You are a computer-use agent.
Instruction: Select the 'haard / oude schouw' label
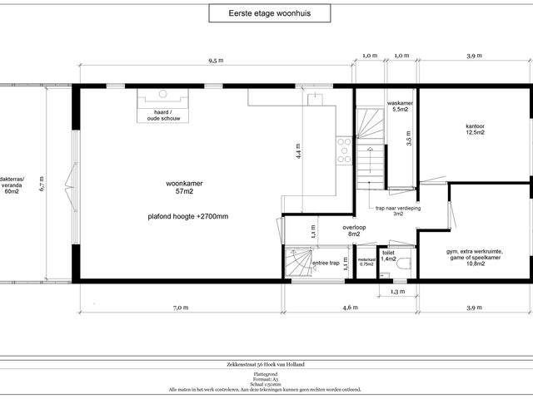(163, 115)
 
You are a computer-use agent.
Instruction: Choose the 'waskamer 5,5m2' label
(401, 106)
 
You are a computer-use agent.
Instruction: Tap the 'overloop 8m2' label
(354, 229)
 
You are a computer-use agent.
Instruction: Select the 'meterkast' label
(366, 261)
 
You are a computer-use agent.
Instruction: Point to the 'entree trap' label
(326, 264)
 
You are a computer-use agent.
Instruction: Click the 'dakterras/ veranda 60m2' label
(12, 187)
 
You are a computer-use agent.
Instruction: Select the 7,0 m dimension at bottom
(179, 308)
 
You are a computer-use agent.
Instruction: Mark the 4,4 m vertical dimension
(296, 150)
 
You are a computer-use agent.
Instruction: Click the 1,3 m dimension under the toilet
(396, 292)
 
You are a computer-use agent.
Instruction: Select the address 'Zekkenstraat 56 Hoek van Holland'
(266, 364)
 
